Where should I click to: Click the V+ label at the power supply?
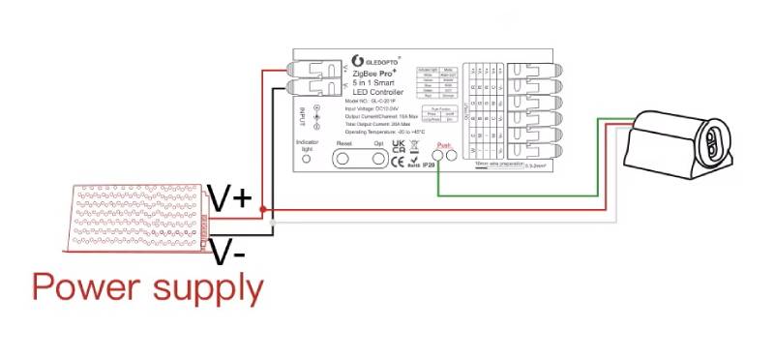(x=231, y=199)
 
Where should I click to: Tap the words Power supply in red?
(x=147, y=287)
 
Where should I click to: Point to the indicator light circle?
(x=307, y=158)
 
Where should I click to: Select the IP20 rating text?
(x=429, y=165)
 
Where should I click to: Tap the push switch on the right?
(x=678, y=146)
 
